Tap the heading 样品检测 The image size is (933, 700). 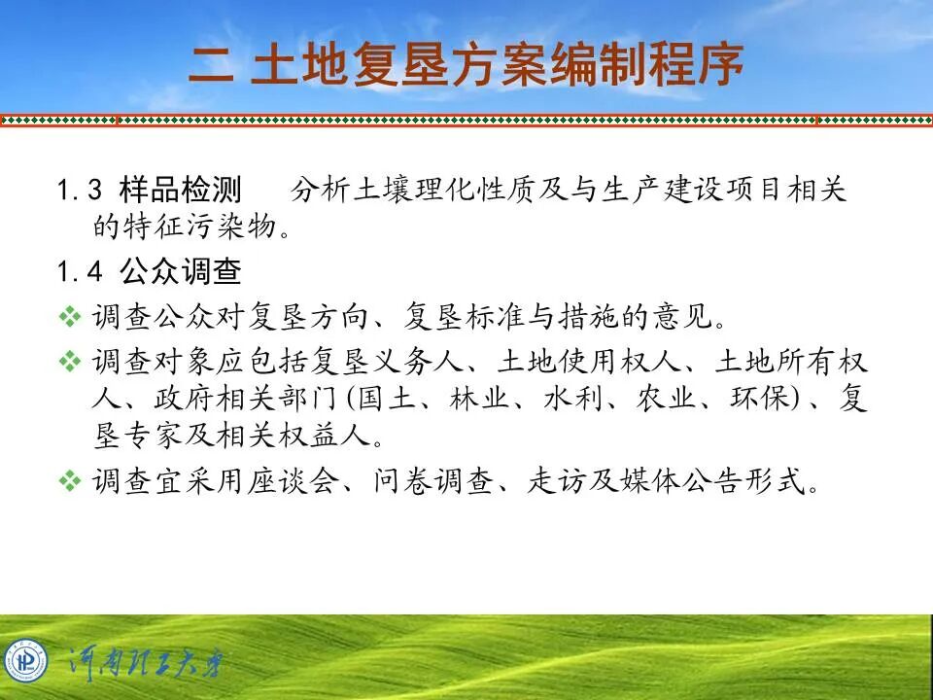click(x=180, y=189)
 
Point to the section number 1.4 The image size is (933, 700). click(x=80, y=273)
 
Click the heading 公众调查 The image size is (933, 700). click(x=180, y=273)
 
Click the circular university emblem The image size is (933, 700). click(x=25, y=662)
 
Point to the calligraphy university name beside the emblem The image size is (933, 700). click(x=146, y=664)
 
